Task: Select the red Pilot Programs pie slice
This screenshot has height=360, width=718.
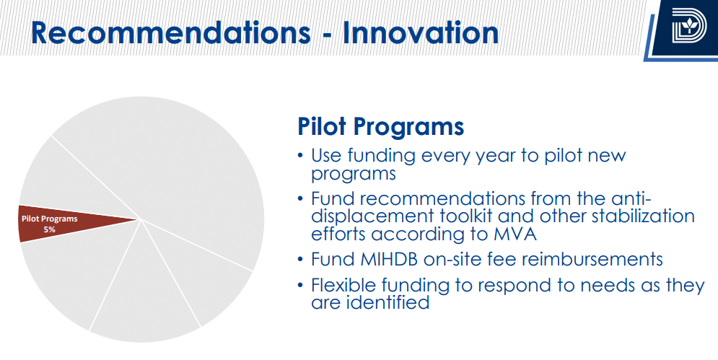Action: point(69,224)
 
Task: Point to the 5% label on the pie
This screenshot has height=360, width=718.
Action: point(50,229)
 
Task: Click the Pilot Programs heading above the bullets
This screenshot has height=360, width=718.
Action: point(380,126)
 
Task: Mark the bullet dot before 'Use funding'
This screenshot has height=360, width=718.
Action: point(300,155)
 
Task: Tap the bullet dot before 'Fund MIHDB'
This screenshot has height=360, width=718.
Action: point(300,259)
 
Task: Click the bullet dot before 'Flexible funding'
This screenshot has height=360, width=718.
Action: point(300,286)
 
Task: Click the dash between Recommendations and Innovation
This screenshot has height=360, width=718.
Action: point(327,35)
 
